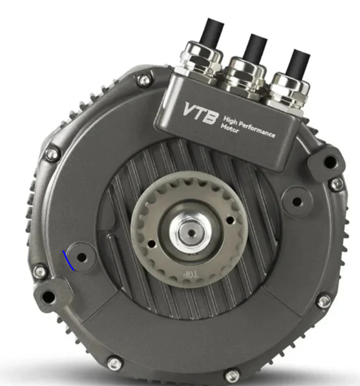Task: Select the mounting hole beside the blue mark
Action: pyautogui.click(x=82, y=257)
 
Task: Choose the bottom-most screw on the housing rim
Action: pyautogui.click(x=231, y=375)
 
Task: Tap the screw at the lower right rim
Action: pyautogui.click(x=323, y=301)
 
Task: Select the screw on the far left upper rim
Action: pyautogui.click(x=52, y=154)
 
